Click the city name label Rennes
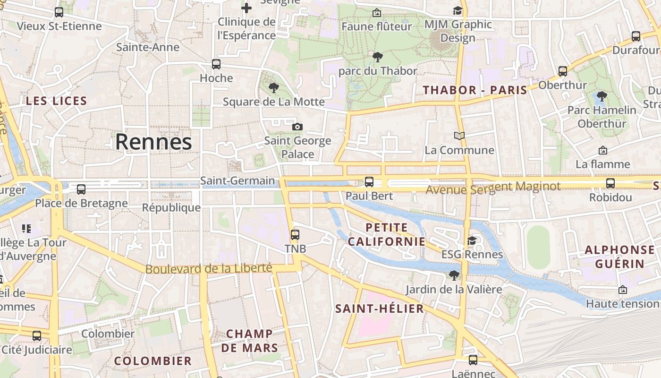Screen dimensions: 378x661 [x=153, y=142]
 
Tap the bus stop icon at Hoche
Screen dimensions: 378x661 [x=216, y=64]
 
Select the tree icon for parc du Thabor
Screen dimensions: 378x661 [x=377, y=57]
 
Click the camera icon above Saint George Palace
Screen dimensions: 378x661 [x=297, y=127]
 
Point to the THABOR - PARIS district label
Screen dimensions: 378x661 [x=475, y=90]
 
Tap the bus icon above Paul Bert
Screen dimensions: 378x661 [x=369, y=181]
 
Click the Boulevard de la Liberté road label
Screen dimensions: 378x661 [x=209, y=268]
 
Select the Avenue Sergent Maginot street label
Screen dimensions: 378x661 [x=493, y=188]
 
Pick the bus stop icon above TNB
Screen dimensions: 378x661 [x=295, y=234]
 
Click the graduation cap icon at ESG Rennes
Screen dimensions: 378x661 [x=472, y=241]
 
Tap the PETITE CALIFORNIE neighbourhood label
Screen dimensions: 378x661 [x=387, y=234]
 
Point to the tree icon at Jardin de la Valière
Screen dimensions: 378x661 [x=454, y=275]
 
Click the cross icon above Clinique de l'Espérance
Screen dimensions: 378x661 [x=246, y=8]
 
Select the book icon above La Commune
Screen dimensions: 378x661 [x=459, y=136]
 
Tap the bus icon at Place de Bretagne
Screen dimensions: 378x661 [x=81, y=189]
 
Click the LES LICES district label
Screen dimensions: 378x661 [x=57, y=101]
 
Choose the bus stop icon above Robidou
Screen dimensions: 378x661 [x=610, y=183]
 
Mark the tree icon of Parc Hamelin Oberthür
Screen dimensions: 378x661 [x=602, y=96]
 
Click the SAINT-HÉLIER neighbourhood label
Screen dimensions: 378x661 [x=380, y=309]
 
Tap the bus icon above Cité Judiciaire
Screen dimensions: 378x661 [x=37, y=336]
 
